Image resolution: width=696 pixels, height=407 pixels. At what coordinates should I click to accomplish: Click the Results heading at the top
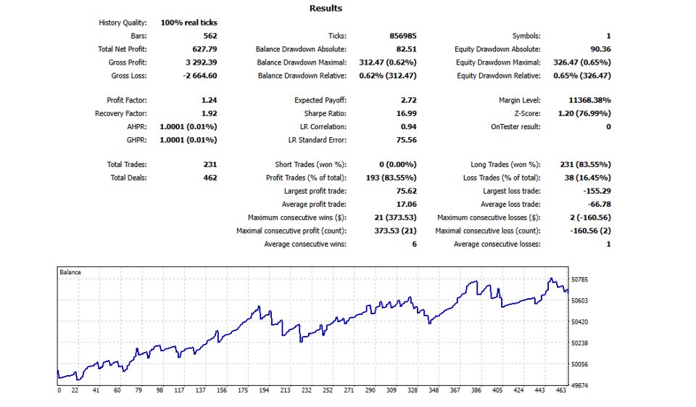pos(326,9)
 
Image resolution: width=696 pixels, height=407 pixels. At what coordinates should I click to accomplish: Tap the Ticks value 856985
pos(395,36)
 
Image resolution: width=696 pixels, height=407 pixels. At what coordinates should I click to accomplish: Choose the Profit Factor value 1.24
pos(209,100)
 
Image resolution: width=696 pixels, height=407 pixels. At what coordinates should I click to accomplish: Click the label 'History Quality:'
pos(123,22)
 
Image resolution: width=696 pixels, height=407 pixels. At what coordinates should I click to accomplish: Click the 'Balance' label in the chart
pos(71,272)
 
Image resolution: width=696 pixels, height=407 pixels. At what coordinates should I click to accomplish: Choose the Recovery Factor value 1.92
pos(209,113)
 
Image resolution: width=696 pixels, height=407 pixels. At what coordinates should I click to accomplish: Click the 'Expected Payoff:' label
pos(320,100)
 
